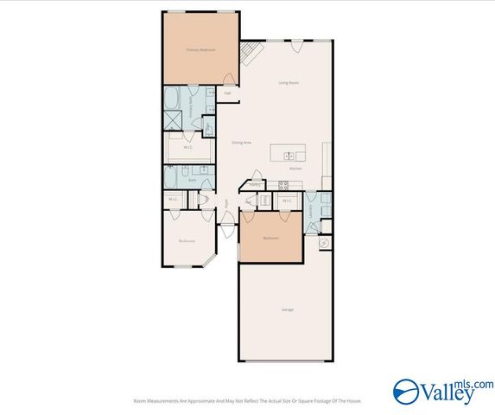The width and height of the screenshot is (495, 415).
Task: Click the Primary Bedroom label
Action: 200,50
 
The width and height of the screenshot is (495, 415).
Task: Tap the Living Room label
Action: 289,83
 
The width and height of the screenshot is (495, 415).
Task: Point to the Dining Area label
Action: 241,142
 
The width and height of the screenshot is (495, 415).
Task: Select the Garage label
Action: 287,309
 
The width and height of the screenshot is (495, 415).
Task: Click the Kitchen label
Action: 295,169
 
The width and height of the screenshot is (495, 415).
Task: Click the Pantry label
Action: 255,184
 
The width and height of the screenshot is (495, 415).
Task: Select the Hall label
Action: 227,93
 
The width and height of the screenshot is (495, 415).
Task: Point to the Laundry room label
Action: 309,207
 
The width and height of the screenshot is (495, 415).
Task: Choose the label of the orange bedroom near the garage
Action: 270,238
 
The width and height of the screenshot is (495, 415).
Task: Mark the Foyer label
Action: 227,205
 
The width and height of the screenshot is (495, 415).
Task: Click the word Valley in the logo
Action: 447,393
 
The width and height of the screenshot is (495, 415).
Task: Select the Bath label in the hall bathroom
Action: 193,180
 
